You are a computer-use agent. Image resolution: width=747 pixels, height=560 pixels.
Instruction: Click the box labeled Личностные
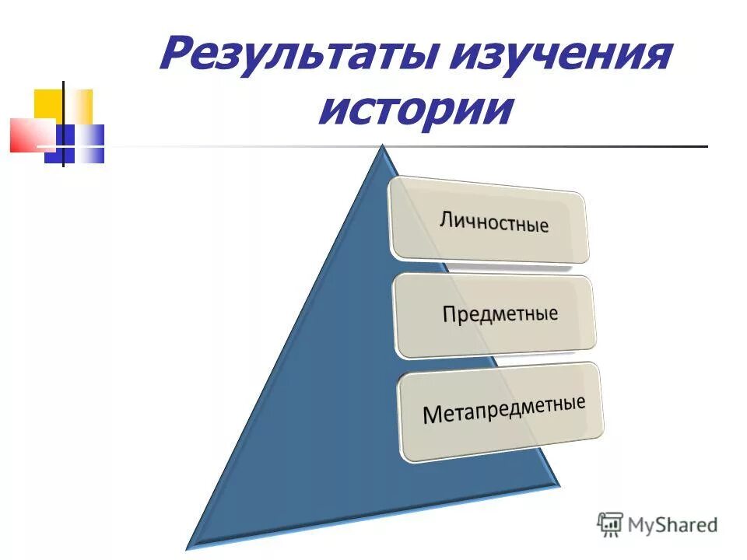click(x=490, y=219)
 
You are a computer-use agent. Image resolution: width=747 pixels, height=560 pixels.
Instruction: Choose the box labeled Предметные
click(x=496, y=315)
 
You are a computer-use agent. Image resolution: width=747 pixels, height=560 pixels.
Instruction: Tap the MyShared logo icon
click(x=610, y=523)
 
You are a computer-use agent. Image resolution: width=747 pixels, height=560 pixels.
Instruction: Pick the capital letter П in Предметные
click(x=451, y=315)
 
